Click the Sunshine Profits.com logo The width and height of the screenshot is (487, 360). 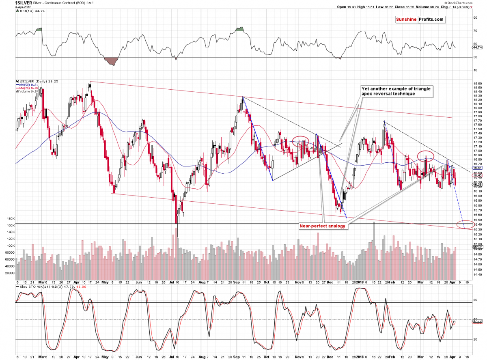coord(420,19)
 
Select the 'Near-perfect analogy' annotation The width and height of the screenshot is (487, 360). coord(322,226)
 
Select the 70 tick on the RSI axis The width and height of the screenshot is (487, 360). coord(474,31)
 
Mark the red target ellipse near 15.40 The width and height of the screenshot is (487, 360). coord(464,224)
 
